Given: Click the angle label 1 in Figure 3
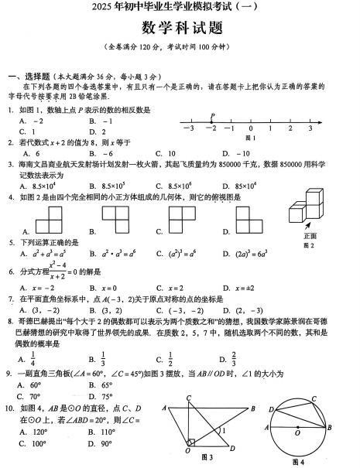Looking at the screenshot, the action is (223, 430).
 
